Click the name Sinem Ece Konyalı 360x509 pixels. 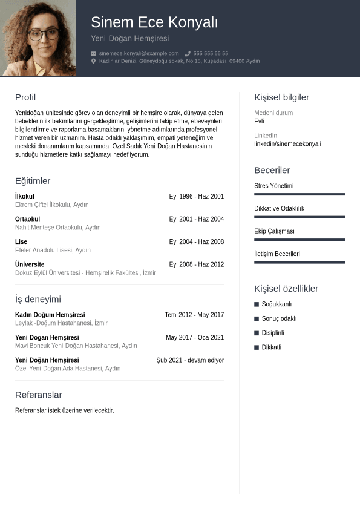pos(154,22)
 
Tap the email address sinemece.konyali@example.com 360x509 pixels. pos(139,53)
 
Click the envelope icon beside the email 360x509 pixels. pos(93,53)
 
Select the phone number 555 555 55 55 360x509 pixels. pos(211,53)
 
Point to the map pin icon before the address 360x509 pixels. pos(93,61)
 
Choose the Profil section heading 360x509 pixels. pos(25,97)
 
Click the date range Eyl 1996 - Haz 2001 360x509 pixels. pos(196,197)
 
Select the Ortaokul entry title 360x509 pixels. pos(27,219)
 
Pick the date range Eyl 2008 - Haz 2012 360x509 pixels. pos(196,264)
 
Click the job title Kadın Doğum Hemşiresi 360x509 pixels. pos(50,315)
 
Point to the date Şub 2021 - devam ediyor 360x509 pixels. pos(190,360)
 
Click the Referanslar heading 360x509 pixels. pos(38,395)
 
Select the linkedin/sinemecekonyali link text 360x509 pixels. pos(287,144)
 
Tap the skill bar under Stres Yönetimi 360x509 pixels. pos(299,194)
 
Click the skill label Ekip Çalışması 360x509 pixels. pos(274,231)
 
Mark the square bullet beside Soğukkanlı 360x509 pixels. pos(257,304)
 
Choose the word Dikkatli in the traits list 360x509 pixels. pos(271,347)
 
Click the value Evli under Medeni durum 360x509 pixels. pos(259,121)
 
